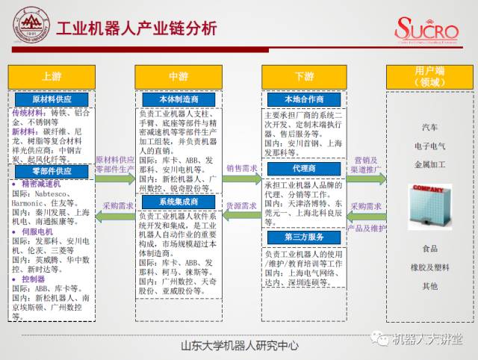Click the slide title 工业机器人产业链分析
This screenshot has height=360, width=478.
click(x=137, y=28)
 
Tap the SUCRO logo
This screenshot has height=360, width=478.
click(x=428, y=31)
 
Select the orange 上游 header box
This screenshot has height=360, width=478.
click(x=51, y=77)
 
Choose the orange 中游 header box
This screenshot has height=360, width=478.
click(x=178, y=77)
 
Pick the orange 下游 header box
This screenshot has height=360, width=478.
click(x=304, y=77)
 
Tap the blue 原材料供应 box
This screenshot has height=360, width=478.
click(x=51, y=99)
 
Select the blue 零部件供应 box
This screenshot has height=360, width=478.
click(x=51, y=171)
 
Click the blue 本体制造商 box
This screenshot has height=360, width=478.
click(x=178, y=99)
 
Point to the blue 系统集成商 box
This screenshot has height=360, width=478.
click(x=178, y=202)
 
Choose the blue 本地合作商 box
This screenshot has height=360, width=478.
click(x=304, y=99)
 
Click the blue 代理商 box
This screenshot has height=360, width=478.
click(x=304, y=169)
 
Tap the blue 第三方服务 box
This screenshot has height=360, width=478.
click(x=304, y=238)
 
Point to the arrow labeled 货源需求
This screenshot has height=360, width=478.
click(x=241, y=215)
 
